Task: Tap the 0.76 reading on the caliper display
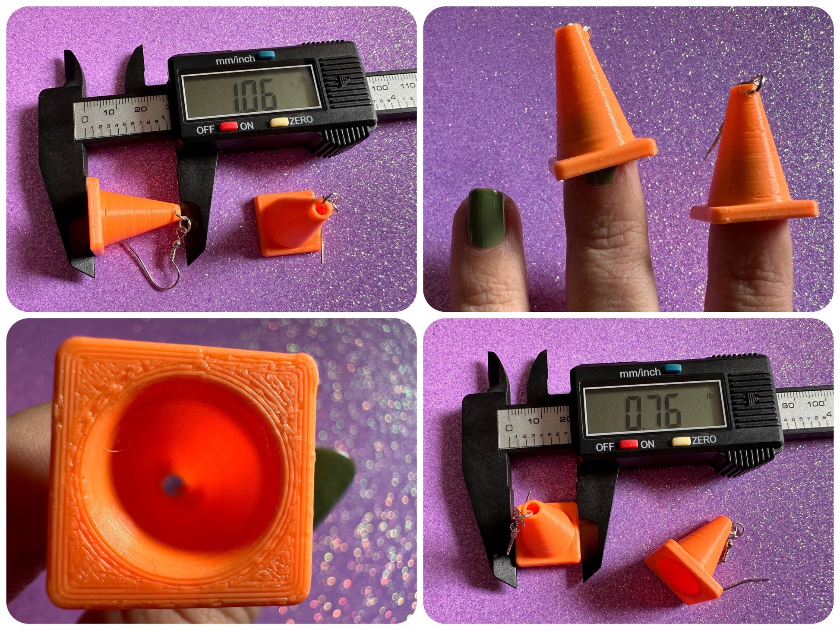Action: [653, 412]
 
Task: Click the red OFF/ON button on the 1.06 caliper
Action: [229, 127]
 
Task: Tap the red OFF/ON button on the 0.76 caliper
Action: [628, 444]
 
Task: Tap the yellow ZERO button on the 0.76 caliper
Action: [680, 441]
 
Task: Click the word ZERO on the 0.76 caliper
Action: [704, 440]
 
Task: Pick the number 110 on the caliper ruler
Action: [407, 85]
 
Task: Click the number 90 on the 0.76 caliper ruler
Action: [788, 405]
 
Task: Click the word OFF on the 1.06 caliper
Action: [205, 130]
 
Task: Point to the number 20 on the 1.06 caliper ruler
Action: [139, 109]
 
